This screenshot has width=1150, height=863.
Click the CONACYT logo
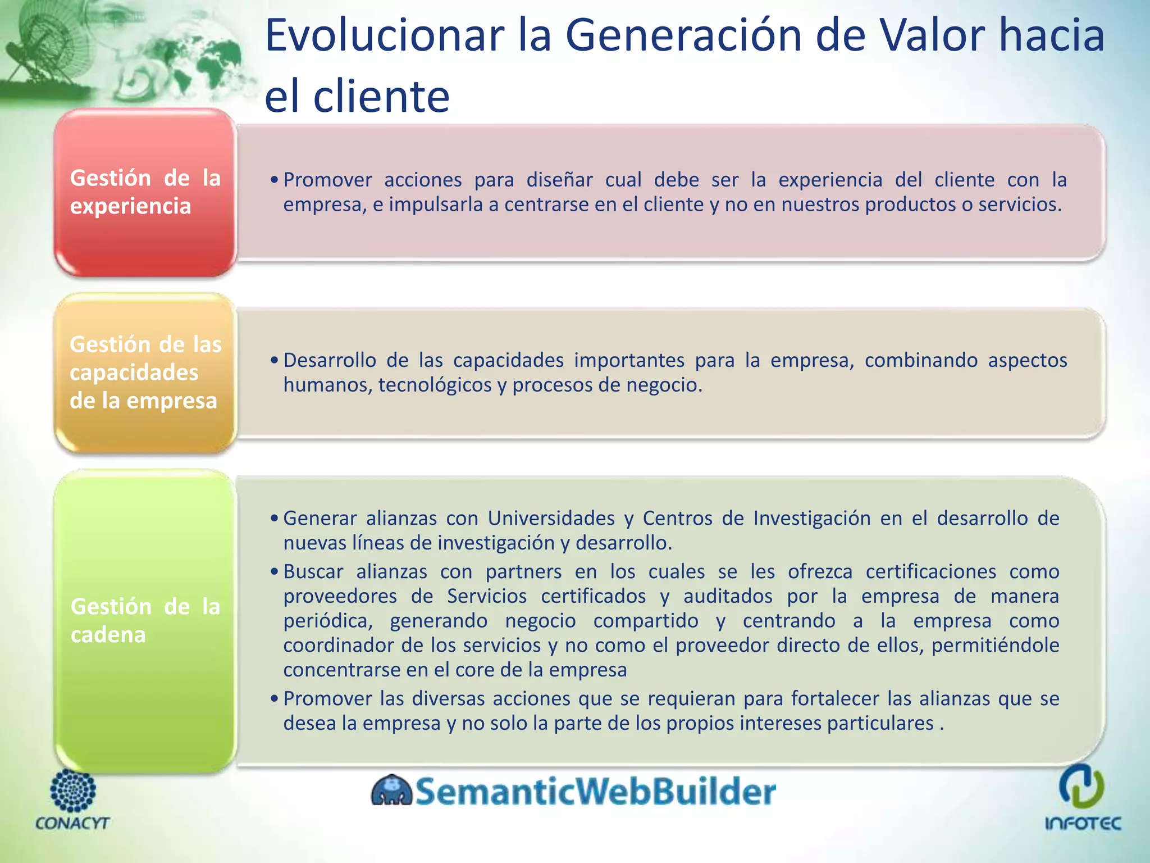72,799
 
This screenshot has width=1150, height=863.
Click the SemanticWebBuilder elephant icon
391,791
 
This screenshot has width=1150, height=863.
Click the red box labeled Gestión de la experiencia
145,192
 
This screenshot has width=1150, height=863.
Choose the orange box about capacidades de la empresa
145,373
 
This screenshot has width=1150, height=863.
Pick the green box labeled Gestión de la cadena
145,620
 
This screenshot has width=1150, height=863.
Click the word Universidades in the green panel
551,518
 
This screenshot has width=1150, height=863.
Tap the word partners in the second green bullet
523,571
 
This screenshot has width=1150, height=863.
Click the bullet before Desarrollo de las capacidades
274,360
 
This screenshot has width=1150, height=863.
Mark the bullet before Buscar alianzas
274,572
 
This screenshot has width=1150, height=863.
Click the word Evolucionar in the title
384,35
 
